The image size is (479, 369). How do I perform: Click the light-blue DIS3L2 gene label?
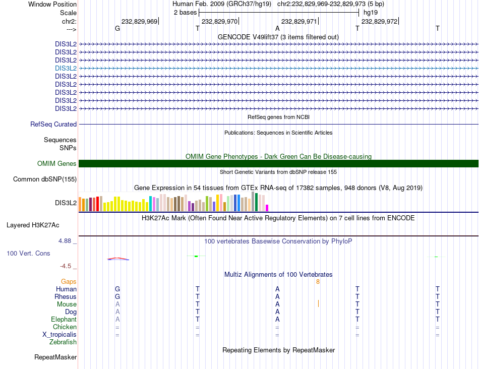click(x=66, y=68)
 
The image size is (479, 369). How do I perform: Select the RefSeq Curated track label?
click(x=53, y=124)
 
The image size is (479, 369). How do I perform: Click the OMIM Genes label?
click(x=56, y=163)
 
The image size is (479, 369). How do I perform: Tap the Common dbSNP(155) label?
click(x=45, y=179)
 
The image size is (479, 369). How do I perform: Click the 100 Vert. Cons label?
click(x=28, y=253)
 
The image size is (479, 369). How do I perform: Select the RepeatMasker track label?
click(x=55, y=357)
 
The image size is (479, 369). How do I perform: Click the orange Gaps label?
click(x=69, y=281)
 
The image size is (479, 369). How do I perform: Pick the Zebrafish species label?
click(x=63, y=342)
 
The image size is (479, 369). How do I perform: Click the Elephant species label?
click(x=64, y=320)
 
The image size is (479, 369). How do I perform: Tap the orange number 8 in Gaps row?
click(x=318, y=282)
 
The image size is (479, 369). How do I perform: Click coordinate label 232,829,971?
click(x=299, y=21)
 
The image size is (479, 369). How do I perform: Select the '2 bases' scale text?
click(x=185, y=12)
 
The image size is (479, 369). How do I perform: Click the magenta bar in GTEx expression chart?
click(x=267, y=208)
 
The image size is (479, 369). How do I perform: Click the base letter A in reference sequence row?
click(x=277, y=29)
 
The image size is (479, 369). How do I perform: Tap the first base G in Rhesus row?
click(x=117, y=296)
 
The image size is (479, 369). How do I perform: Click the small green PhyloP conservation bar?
click(x=196, y=256)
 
